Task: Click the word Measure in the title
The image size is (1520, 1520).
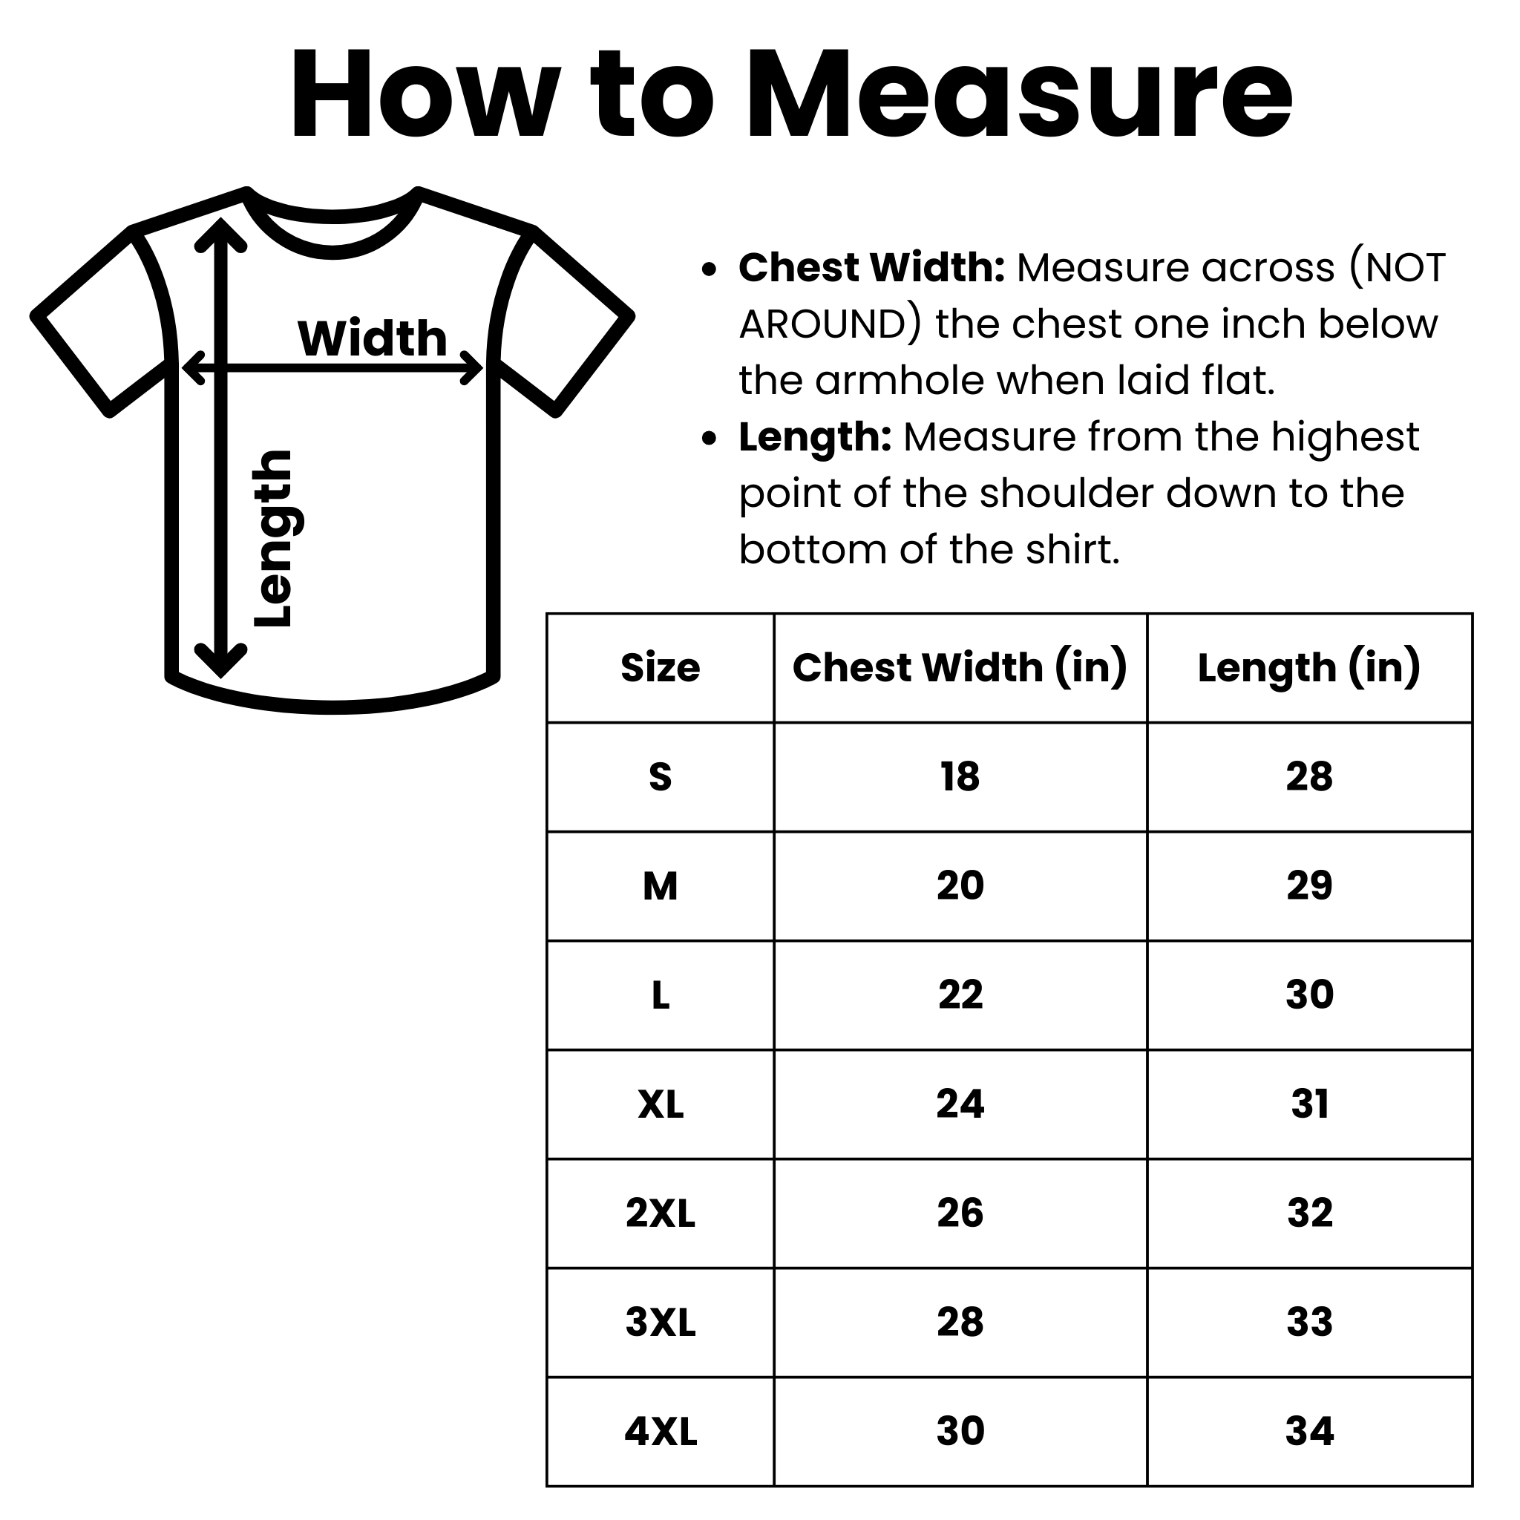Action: click(x=1020, y=95)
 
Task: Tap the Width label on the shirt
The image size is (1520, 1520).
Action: click(x=372, y=338)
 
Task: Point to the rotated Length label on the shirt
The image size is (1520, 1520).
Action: click(x=273, y=539)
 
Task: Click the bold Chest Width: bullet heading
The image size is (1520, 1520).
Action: click(x=872, y=268)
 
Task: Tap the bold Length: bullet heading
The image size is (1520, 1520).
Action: click(x=815, y=438)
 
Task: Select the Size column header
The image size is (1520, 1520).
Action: click(x=660, y=668)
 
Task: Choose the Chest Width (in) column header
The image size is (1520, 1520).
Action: click(x=960, y=668)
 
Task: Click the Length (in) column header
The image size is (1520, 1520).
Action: click(x=1309, y=668)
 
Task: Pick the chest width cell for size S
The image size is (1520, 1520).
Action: click(x=960, y=777)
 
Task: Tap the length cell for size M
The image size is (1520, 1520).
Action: click(x=1309, y=886)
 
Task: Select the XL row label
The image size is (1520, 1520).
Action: click(x=660, y=1104)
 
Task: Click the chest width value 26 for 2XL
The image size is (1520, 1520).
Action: click(x=960, y=1213)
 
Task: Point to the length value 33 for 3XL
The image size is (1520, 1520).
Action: click(x=1309, y=1322)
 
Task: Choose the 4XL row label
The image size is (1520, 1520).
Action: click(x=660, y=1431)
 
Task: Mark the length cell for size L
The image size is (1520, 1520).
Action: click(x=1309, y=995)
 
